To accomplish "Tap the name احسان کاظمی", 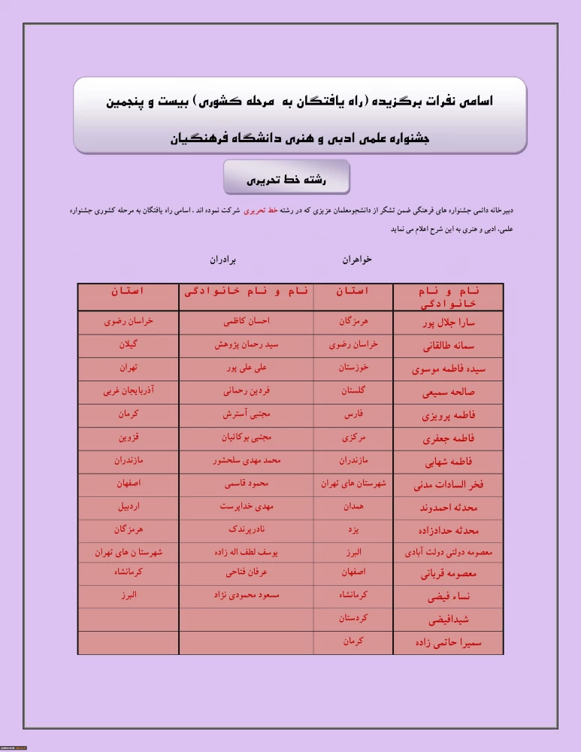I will (x=246, y=321).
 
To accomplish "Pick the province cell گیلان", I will (x=129, y=345).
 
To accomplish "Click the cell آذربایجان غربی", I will (x=129, y=391).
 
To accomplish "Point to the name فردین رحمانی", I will (x=246, y=391).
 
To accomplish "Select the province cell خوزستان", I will (x=353, y=368).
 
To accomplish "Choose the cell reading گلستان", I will (x=353, y=391).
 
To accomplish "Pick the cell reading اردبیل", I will (x=129, y=507).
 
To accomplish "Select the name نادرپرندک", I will (x=246, y=529).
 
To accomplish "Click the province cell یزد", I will (x=353, y=529).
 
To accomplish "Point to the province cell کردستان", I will (x=353, y=618).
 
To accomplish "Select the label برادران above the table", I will (x=223, y=259).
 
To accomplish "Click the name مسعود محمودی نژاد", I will (x=246, y=595).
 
